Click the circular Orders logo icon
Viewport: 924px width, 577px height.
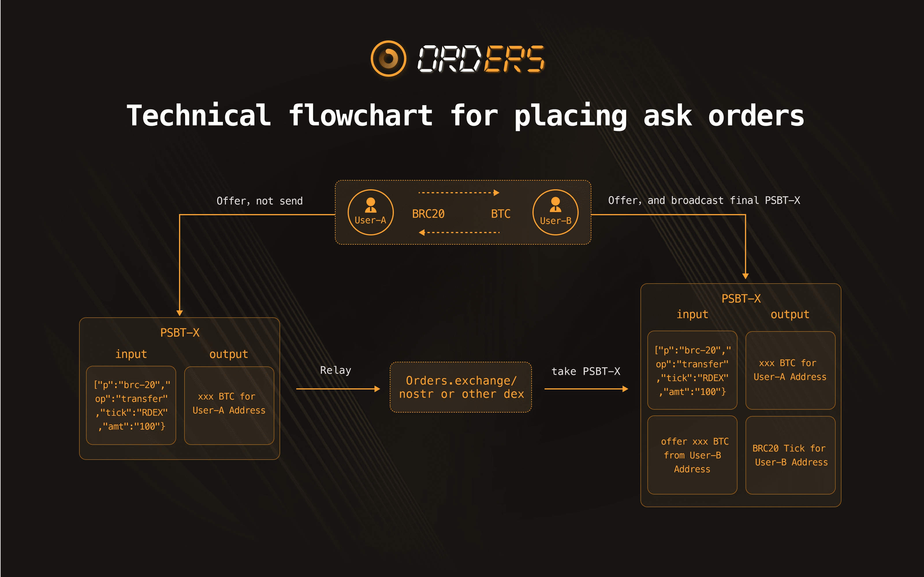(x=388, y=58)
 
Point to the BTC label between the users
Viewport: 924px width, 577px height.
(x=501, y=214)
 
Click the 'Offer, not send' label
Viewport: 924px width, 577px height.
(x=260, y=201)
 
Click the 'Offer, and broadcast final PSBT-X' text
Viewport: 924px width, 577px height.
(x=704, y=200)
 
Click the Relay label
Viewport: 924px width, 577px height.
(x=336, y=370)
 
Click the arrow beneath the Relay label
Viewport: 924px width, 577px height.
(x=338, y=389)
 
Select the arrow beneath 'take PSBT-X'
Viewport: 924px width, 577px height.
(x=586, y=389)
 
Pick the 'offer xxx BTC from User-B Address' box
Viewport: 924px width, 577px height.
(x=692, y=455)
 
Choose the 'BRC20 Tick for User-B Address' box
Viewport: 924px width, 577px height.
(x=790, y=455)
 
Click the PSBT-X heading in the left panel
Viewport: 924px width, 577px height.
(x=180, y=333)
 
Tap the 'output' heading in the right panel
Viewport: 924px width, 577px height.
(x=790, y=314)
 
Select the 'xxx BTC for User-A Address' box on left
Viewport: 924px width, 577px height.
(x=229, y=405)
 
